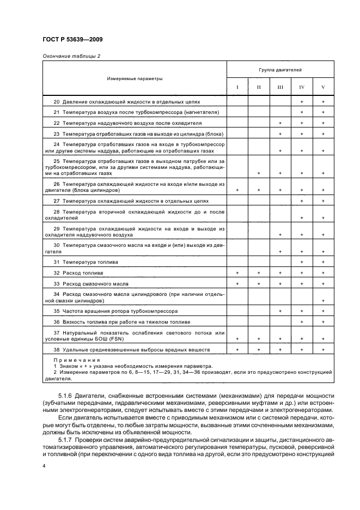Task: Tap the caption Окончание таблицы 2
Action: pos(71,56)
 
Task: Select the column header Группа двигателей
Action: pos(280,70)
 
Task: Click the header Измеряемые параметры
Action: pos(135,78)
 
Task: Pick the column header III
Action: pos(280,87)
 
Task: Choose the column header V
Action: pos(323,87)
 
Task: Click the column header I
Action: pos(237,87)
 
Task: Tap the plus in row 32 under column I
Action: pos(237,272)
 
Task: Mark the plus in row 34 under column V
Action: pos(323,301)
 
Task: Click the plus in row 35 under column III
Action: pos(280,311)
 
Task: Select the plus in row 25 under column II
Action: pos(259,173)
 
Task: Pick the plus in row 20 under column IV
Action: pos(301,102)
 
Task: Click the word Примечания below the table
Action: pos(69,361)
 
